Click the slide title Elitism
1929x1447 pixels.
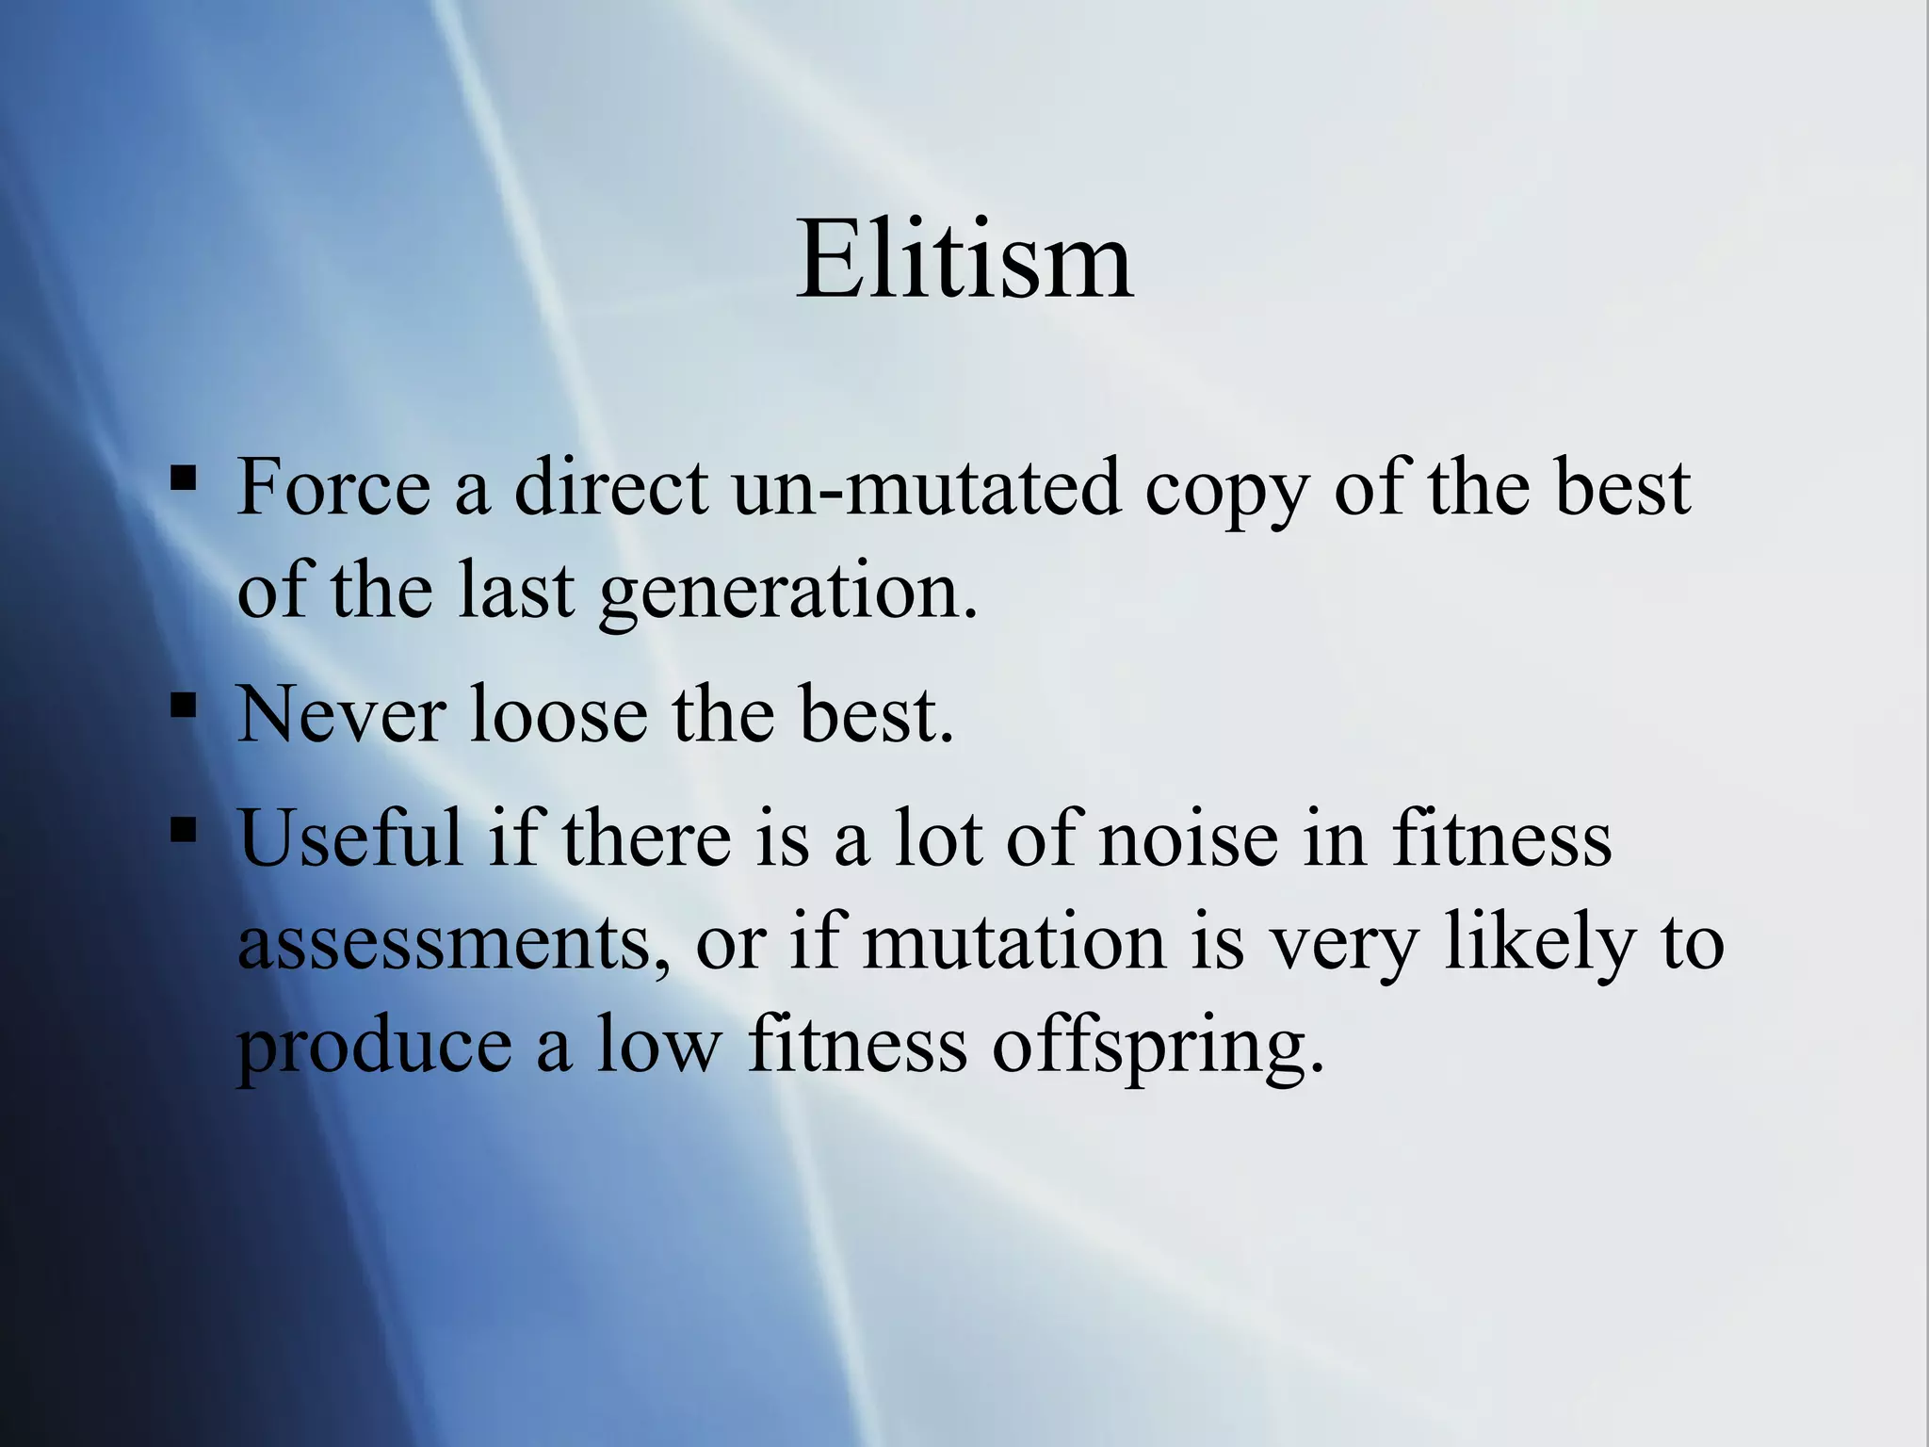point(964,259)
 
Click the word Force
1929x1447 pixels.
point(333,487)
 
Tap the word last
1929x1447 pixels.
point(516,590)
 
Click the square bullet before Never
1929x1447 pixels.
point(184,706)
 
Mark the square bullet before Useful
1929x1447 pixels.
point(184,828)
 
